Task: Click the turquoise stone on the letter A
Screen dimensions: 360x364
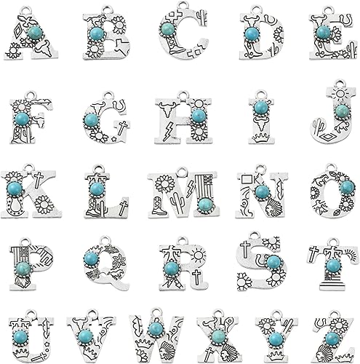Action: tap(35, 33)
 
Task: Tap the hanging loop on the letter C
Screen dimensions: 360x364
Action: tap(182, 5)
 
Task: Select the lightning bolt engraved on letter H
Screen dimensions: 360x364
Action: tap(167, 132)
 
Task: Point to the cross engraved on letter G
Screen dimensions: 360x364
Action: tap(122, 127)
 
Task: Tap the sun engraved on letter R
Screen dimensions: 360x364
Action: tap(199, 256)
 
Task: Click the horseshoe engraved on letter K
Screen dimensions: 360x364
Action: tap(14, 205)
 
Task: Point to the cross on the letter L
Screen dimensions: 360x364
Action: tap(124, 207)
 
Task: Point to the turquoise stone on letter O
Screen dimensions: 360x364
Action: tap(347, 187)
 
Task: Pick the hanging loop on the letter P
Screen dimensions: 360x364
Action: tap(26, 242)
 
